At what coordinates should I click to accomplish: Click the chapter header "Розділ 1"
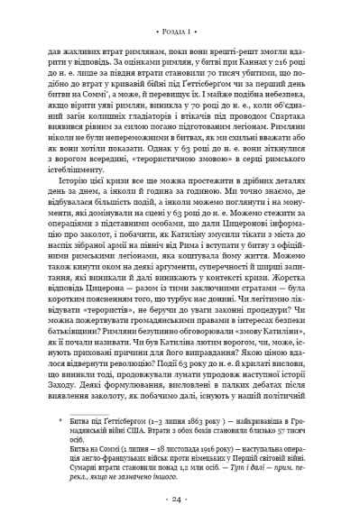(180, 20)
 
